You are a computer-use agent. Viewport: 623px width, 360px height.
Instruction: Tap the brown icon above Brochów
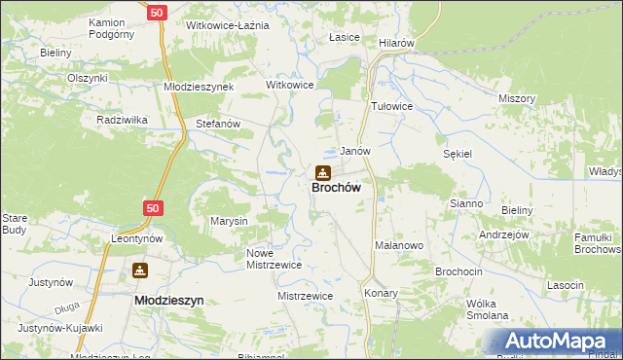pyautogui.click(x=321, y=173)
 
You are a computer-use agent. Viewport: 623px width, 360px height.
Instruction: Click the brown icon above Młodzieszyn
pyautogui.click(x=141, y=270)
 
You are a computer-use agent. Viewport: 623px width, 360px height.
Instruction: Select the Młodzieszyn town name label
pyautogui.click(x=167, y=301)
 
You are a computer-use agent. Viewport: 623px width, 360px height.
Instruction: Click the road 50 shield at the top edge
pyautogui.click(x=158, y=12)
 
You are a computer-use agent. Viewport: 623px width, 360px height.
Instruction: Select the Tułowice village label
pyautogui.click(x=393, y=106)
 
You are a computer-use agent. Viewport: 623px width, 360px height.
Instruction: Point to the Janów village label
pyautogui.click(x=354, y=152)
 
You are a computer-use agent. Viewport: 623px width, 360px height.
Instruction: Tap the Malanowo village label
pyautogui.click(x=399, y=246)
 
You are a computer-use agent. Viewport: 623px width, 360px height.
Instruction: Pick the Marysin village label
pyautogui.click(x=230, y=221)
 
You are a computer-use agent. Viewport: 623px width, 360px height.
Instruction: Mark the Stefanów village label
pyautogui.click(x=218, y=125)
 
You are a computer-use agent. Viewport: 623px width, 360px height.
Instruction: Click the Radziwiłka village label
pyautogui.click(x=122, y=120)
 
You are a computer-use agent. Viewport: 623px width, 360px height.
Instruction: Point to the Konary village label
pyautogui.click(x=383, y=292)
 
